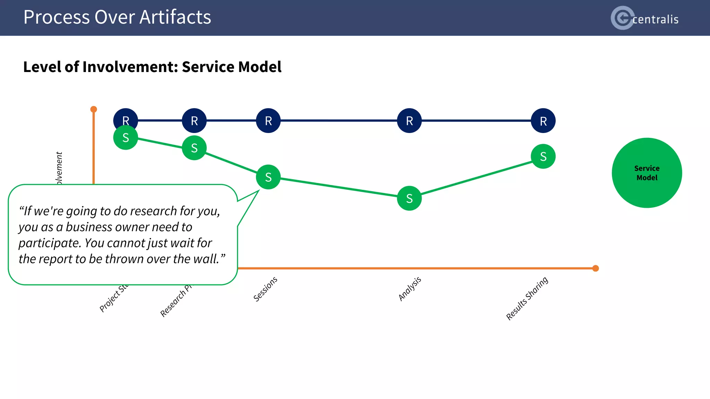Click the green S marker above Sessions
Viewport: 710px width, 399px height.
(x=268, y=177)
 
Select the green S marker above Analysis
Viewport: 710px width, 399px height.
(x=409, y=198)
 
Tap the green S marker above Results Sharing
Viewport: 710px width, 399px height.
(x=543, y=156)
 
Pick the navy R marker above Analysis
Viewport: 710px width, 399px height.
(x=409, y=121)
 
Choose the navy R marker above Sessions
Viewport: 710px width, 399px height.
(x=268, y=121)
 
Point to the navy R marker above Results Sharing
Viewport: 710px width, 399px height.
(x=543, y=121)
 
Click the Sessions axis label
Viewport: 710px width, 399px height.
(x=265, y=289)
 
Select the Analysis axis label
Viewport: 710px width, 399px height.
(x=410, y=289)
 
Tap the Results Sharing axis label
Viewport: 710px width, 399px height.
(x=527, y=298)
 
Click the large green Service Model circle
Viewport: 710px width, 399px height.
(x=647, y=173)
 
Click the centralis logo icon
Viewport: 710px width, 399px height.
(x=623, y=18)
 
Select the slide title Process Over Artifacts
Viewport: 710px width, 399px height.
(x=117, y=17)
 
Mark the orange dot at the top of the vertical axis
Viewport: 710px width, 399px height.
(x=94, y=109)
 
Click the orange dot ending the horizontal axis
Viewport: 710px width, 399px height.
(x=596, y=268)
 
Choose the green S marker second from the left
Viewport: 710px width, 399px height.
(x=194, y=148)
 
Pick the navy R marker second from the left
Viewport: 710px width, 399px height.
(x=194, y=121)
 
